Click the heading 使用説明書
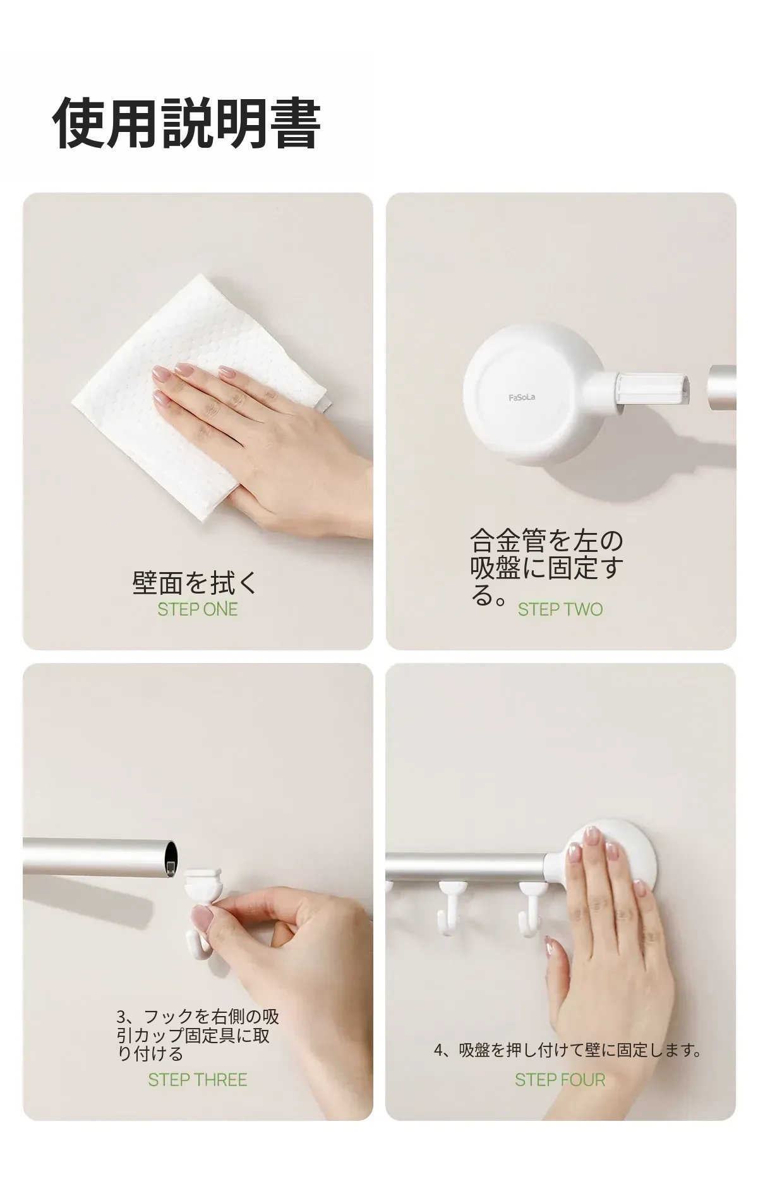(x=186, y=123)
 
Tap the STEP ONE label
(x=198, y=609)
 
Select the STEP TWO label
(x=560, y=609)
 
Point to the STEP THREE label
(x=198, y=1080)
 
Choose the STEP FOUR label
(x=560, y=1080)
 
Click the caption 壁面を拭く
(x=196, y=582)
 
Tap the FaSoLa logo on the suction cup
(x=522, y=397)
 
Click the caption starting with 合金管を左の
(x=546, y=567)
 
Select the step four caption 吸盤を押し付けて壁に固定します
(x=568, y=1050)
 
